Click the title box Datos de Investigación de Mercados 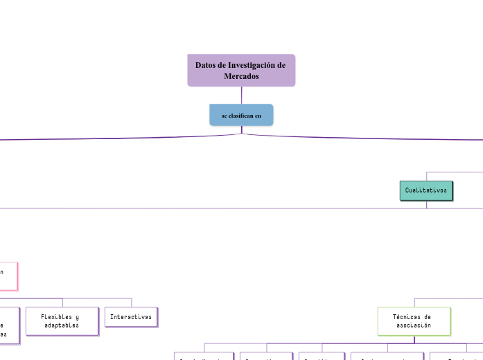tap(241, 71)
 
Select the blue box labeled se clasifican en tap(241, 115)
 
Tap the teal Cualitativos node tap(426, 190)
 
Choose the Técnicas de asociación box tap(414, 321)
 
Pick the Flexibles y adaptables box tap(62, 321)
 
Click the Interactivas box tap(131, 316)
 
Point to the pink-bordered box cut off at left tap(8, 275)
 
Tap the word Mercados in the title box tap(241, 76)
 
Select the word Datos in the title tap(205, 65)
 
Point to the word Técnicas tap(406, 316)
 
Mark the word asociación tap(414, 325)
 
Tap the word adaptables tap(62, 325)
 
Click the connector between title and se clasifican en tap(241, 96)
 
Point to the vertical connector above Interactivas tap(131, 303)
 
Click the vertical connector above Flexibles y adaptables tap(62, 303)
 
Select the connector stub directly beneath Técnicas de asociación tap(414, 339)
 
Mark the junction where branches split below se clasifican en tap(241, 134)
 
